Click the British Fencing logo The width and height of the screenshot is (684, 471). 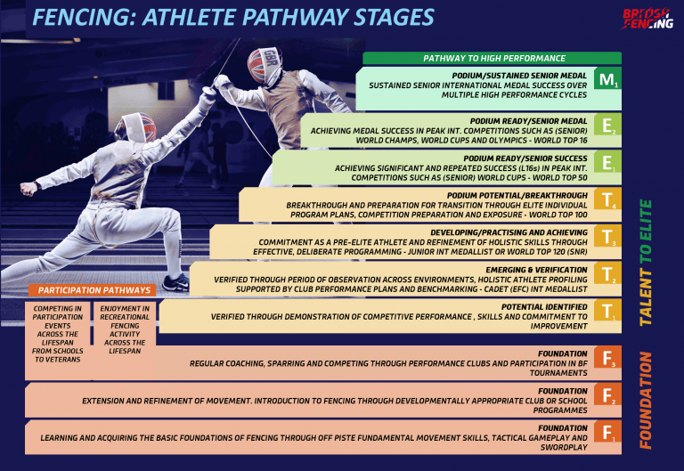[647, 19]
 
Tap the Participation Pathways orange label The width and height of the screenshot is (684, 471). [93, 290]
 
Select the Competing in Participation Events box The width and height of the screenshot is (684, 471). [58, 334]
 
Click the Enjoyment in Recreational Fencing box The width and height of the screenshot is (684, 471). [125, 329]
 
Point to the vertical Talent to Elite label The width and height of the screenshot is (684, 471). [647, 262]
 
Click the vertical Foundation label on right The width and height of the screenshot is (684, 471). [647, 399]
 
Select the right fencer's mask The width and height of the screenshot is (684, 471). [264, 63]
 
